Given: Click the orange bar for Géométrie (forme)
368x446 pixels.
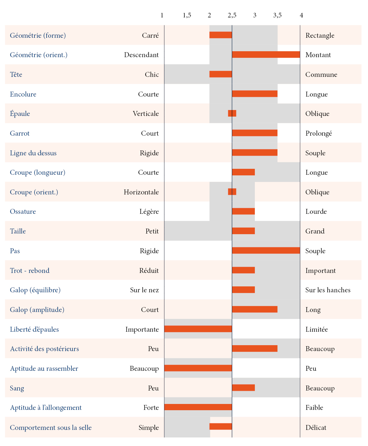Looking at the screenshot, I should pyautogui.click(x=220, y=35).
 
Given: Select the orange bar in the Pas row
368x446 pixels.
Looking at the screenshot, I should pyautogui.click(x=266, y=251).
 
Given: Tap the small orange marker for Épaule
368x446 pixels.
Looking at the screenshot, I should pyautogui.click(x=232, y=113).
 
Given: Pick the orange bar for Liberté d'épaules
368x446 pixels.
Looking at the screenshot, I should pyautogui.click(x=198, y=329).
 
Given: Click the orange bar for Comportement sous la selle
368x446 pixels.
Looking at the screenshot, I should pyautogui.click(x=220, y=427).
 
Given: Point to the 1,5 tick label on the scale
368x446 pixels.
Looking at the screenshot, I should pyautogui.click(x=187, y=15).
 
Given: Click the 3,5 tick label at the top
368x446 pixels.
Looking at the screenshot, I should pyautogui.click(x=277, y=15).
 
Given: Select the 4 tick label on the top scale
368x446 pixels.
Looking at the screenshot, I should pyautogui.click(x=301, y=15).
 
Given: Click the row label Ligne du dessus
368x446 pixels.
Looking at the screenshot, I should pyautogui.click(x=33, y=153).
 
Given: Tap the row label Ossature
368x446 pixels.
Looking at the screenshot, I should pyautogui.click(x=23, y=212).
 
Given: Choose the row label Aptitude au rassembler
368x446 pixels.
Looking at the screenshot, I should pyautogui.click(x=44, y=368).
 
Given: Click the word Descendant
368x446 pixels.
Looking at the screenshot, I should pyautogui.click(x=141, y=55).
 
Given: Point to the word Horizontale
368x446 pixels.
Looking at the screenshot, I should pyautogui.click(x=141, y=192).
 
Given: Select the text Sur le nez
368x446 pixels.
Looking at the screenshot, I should pyautogui.click(x=144, y=290).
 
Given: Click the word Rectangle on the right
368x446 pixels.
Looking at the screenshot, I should pyautogui.click(x=320, y=35).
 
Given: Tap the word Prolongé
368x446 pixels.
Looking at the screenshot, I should pyautogui.click(x=318, y=133).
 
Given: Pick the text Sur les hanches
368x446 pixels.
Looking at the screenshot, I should pyautogui.click(x=328, y=290).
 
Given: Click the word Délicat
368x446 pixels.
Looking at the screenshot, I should pyautogui.click(x=316, y=428).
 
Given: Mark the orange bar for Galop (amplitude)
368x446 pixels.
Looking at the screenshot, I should pyautogui.click(x=255, y=309).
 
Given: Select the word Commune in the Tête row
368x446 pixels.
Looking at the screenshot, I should pyautogui.click(x=321, y=75).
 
